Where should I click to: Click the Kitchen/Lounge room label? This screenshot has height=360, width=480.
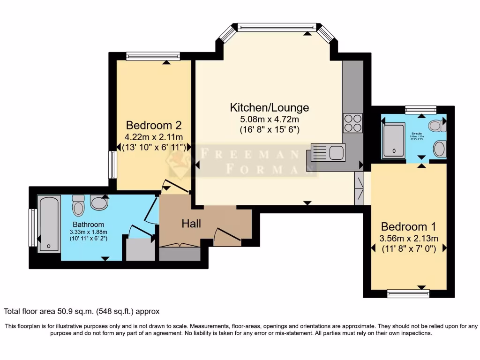pyautogui.click(x=269, y=107)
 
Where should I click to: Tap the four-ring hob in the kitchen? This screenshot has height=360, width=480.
pyautogui.click(x=353, y=123)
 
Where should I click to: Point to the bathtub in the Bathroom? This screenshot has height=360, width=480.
pyautogui.click(x=49, y=224)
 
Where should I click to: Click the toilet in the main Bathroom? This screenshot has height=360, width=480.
pyautogui.click(x=78, y=205)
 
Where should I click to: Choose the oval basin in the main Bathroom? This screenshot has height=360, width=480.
pyautogui.click(x=99, y=202)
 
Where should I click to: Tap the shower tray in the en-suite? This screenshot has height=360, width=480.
pyautogui.click(x=393, y=140)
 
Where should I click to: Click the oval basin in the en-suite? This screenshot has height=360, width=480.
pyautogui.click(x=440, y=149)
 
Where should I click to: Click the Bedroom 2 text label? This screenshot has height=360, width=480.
pyautogui.click(x=153, y=126)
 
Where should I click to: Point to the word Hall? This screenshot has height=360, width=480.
pyautogui.click(x=191, y=224)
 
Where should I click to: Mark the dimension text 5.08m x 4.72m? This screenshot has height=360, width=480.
pyautogui.click(x=269, y=120)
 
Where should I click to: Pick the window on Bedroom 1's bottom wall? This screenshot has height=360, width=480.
pyautogui.click(x=408, y=293)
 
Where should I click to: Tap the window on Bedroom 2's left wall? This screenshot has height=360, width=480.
pyautogui.click(x=112, y=165)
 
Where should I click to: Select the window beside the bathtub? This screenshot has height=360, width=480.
pyautogui.click(x=33, y=227)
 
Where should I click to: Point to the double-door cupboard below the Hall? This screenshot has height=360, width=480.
pyautogui.click(x=180, y=253)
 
